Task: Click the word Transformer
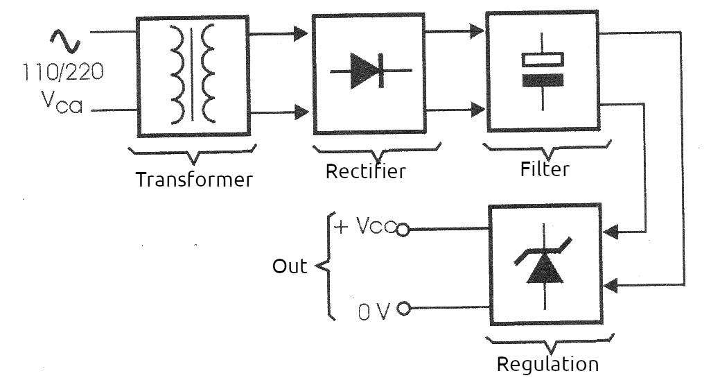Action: point(194,179)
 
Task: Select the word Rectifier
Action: point(365,171)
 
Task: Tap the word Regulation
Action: point(547,363)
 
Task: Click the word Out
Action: point(289,266)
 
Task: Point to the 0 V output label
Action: point(374,311)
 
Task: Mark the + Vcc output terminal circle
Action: point(402,230)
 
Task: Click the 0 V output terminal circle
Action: point(403,309)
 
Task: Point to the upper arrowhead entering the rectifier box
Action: point(300,33)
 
